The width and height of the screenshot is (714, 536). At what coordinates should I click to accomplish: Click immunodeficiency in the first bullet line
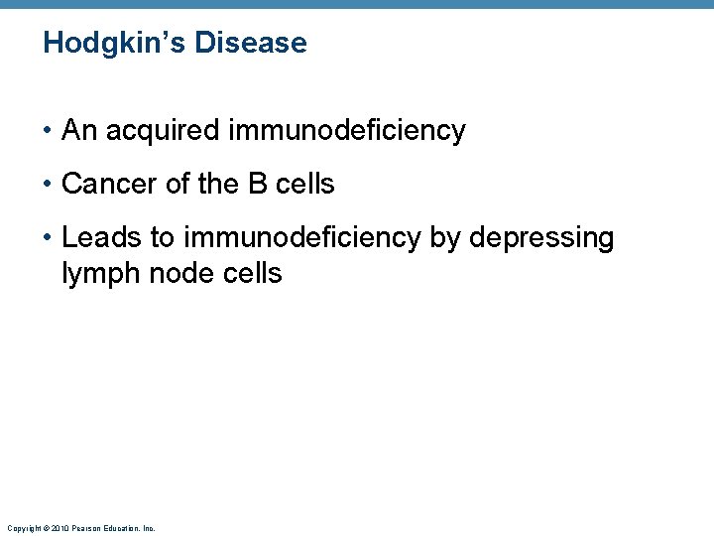pos(346,131)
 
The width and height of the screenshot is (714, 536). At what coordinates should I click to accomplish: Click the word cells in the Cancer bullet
pos(307,185)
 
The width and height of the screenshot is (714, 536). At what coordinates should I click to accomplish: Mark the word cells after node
pos(255,274)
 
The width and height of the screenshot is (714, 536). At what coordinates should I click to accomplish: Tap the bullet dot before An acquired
pos(48,131)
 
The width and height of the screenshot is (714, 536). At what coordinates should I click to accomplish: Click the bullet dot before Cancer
pos(48,185)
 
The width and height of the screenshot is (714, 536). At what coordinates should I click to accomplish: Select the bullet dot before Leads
pos(48,238)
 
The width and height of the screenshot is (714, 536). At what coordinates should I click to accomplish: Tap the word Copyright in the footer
pos(23,529)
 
